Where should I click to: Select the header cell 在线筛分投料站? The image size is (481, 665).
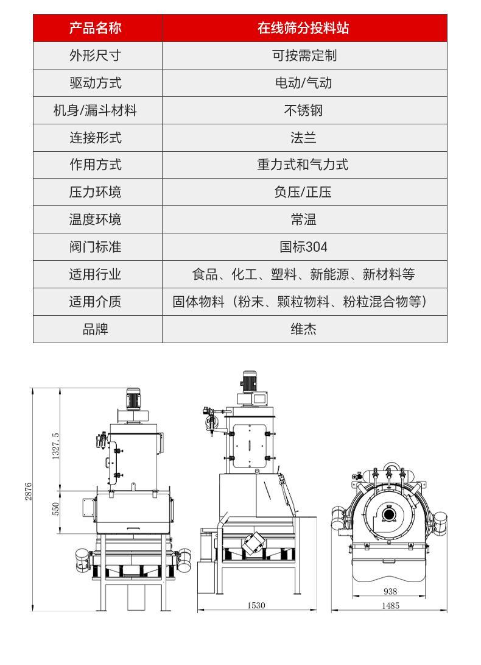click(x=304, y=28)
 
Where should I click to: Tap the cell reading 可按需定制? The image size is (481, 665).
click(x=304, y=55)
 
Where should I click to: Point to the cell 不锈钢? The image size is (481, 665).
click(x=304, y=110)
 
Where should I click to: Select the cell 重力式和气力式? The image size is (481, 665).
click(x=304, y=165)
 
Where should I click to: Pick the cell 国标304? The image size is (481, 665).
click(x=304, y=247)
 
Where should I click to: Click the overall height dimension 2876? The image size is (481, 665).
click(x=28, y=491)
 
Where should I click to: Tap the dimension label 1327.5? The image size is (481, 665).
click(x=55, y=446)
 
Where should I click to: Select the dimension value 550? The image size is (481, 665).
click(x=55, y=509)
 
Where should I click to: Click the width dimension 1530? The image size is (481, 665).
click(x=256, y=605)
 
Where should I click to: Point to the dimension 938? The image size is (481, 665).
click(x=390, y=591)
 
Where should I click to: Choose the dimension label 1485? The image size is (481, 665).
click(x=390, y=606)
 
